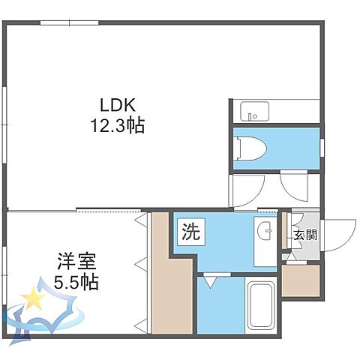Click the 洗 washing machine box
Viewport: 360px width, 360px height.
tap(189, 231)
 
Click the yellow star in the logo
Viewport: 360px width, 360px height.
tap(33, 298)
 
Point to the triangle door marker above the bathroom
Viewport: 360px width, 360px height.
tap(211, 281)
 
